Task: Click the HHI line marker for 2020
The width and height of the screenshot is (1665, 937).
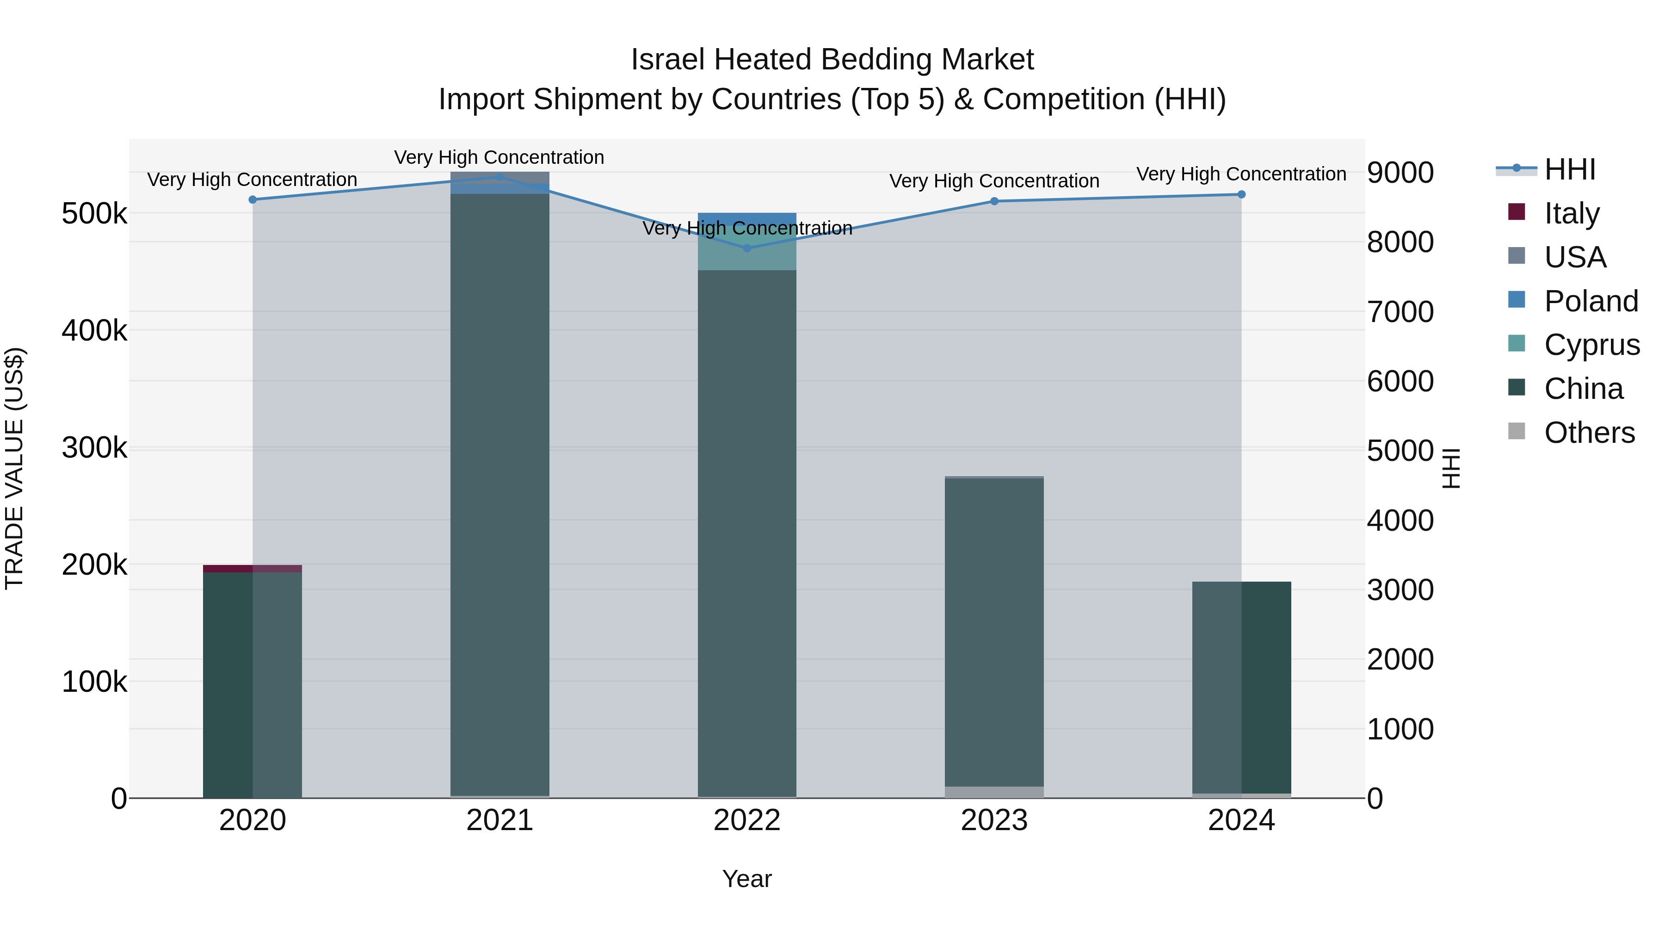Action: (253, 200)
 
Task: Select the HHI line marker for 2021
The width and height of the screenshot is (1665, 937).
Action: (499, 177)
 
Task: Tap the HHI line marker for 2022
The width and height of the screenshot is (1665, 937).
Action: (747, 248)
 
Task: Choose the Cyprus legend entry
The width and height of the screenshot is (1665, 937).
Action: (1591, 345)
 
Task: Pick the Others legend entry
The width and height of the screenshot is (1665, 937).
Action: (1589, 433)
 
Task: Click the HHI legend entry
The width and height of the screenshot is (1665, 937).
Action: (1569, 169)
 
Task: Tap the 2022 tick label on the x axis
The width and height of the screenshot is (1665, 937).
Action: (747, 820)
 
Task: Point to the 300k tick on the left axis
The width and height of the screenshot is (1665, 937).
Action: (94, 447)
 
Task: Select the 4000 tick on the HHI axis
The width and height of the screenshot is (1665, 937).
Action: (1400, 521)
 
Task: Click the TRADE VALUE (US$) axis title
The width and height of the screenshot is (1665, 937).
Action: (14, 468)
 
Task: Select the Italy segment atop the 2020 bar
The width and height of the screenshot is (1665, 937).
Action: (253, 568)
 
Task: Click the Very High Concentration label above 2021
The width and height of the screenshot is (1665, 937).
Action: (499, 157)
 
